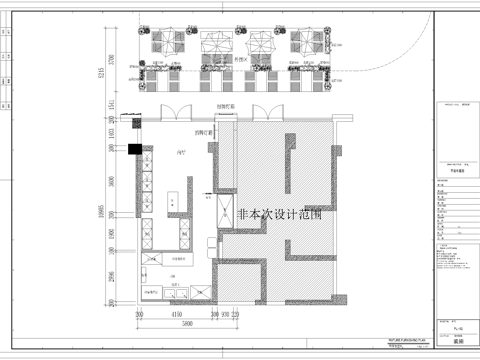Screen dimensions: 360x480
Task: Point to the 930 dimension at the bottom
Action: click(x=225, y=312)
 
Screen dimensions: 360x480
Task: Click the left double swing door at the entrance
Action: click(x=167, y=113)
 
